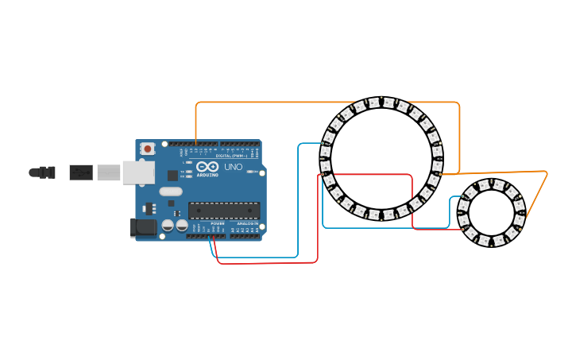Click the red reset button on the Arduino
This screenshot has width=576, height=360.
tap(147, 149)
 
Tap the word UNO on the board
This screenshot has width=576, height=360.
tap(234, 168)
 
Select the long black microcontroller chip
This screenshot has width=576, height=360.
tap(224, 210)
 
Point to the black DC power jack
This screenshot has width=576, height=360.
tap(142, 227)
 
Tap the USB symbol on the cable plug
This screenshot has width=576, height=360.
tap(80, 172)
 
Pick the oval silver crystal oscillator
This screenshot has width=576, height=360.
tap(170, 191)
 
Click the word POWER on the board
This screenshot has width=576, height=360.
tap(218, 224)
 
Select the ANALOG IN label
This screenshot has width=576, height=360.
tap(245, 224)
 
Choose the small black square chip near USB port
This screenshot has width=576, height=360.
tap(172, 175)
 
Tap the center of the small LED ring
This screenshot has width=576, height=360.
tap(490, 212)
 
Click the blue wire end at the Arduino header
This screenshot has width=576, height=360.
tap(211, 238)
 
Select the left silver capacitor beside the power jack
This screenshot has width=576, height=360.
tap(168, 226)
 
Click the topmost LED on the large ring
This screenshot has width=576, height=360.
tap(388, 102)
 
